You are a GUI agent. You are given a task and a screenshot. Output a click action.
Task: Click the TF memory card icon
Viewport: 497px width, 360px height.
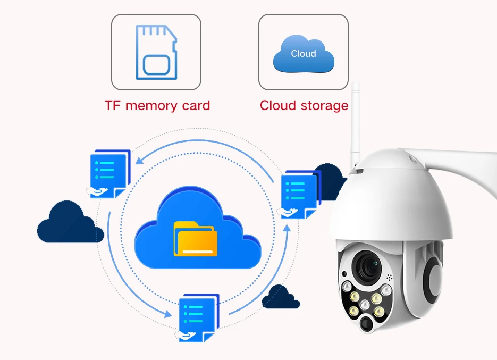(156, 52)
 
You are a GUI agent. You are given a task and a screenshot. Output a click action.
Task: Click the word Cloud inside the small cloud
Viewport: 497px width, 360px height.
(304, 54)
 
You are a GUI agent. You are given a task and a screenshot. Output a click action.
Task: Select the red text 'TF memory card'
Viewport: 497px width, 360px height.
(157, 105)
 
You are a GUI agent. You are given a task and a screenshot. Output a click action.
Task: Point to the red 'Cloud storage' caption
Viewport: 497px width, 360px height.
(304, 105)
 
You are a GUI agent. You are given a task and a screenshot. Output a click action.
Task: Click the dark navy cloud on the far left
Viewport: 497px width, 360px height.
(70, 223)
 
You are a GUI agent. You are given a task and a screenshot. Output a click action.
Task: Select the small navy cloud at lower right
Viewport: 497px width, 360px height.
(281, 296)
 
